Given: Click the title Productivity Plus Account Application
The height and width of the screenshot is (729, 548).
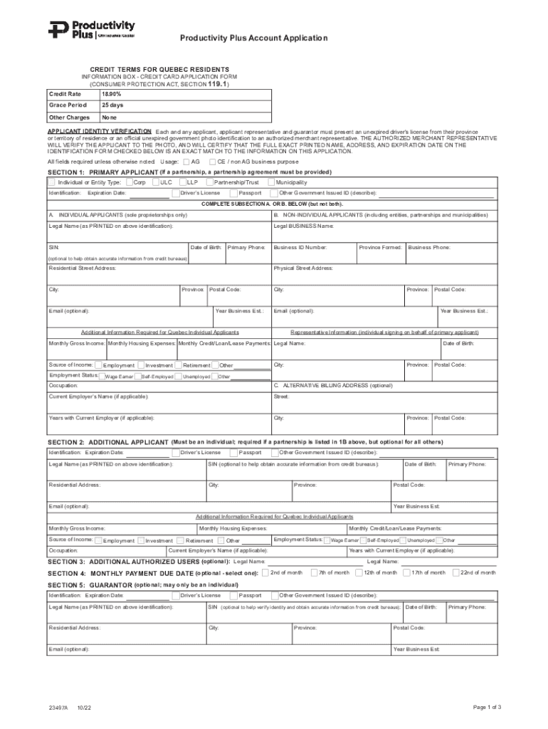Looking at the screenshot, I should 253,38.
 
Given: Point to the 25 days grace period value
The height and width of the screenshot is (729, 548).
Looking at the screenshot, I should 112,105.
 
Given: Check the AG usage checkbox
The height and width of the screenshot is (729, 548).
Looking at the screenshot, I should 186,162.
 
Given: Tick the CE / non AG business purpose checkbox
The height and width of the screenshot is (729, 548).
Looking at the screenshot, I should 212,162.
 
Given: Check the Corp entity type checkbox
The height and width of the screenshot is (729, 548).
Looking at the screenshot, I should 128,182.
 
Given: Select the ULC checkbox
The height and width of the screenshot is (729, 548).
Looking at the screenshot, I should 155,182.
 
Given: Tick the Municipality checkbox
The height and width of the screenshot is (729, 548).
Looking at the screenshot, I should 260,182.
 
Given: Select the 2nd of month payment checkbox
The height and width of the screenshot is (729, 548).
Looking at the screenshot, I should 265,572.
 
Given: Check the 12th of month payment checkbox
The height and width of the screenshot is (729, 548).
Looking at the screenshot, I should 359,572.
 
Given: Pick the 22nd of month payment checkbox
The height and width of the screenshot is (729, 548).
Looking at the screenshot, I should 456,572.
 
